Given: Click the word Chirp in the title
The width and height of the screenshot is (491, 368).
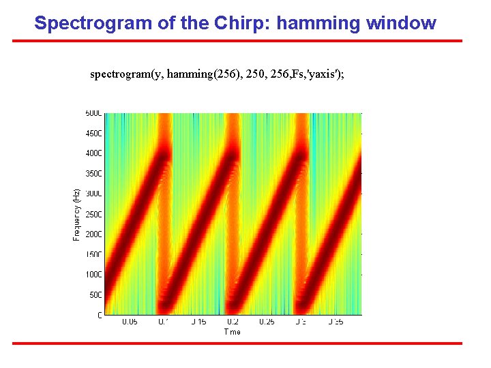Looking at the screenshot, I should (211, 23).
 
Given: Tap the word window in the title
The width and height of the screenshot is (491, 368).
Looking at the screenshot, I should (401, 23).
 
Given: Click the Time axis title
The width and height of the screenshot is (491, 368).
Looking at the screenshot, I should (232, 332).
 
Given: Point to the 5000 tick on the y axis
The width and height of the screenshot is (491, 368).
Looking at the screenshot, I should (93, 113).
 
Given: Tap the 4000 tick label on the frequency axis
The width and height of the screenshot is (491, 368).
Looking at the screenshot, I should (93, 153).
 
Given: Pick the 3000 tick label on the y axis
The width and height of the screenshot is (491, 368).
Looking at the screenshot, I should (93, 194).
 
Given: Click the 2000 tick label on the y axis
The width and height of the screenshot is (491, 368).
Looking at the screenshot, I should (93, 234).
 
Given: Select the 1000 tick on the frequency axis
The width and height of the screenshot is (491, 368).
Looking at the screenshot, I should (93, 275).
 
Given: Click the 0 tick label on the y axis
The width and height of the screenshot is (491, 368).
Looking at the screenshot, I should (100, 315).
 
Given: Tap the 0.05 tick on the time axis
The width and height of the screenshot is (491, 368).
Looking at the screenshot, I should (129, 322).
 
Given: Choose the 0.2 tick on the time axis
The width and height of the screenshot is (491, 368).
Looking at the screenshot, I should (232, 322).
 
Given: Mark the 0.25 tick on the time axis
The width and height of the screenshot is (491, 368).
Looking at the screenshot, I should (266, 322).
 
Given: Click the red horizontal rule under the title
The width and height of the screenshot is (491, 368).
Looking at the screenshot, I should (237, 41).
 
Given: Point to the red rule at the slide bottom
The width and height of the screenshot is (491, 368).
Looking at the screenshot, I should (237, 343).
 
